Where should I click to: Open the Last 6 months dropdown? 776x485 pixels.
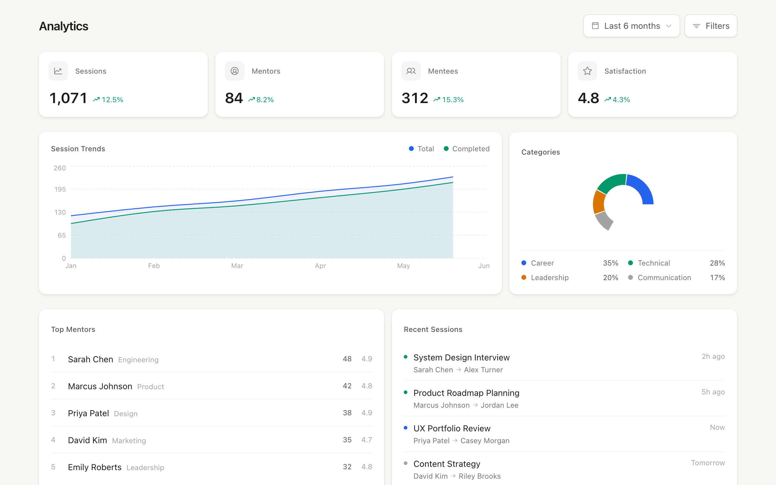pyautogui.click(x=631, y=26)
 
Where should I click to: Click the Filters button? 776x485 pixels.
pyautogui.click(x=711, y=26)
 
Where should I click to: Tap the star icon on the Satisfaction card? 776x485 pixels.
pyautogui.click(x=587, y=71)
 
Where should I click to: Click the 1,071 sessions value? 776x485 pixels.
pyautogui.click(x=68, y=98)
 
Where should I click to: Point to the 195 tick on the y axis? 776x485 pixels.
pyautogui.click(x=60, y=189)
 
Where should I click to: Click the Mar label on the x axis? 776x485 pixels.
pyautogui.click(x=237, y=266)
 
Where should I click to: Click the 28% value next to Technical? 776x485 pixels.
pyautogui.click(x=717, y=263)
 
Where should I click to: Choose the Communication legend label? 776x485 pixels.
pyautogui.click(x=664, y=277)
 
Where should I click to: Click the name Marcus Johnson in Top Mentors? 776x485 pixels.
pyautogui.click(x=100, y=386)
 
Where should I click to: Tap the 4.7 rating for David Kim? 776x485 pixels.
pyautogui.click(x=366, y=440)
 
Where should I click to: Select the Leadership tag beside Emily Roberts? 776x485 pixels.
pyautogui.click(x=145, y=468)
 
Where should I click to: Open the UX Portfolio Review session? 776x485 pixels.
pyautogui.click(x=452, y=429)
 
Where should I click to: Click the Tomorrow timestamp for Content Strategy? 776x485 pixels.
pyautogui.click(x=707, y=463)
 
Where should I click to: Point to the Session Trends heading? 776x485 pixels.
pyautogui.click(x=78, y=149)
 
